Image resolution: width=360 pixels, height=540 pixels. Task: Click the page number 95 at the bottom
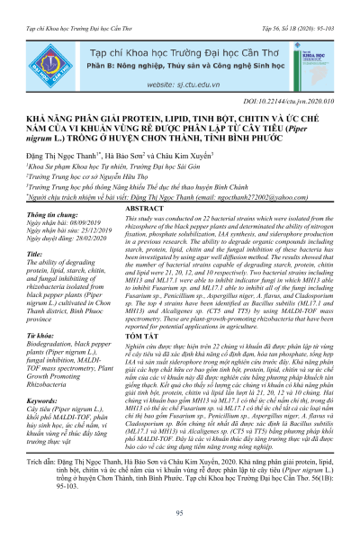pyautogui.click(x=179, y=514)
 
